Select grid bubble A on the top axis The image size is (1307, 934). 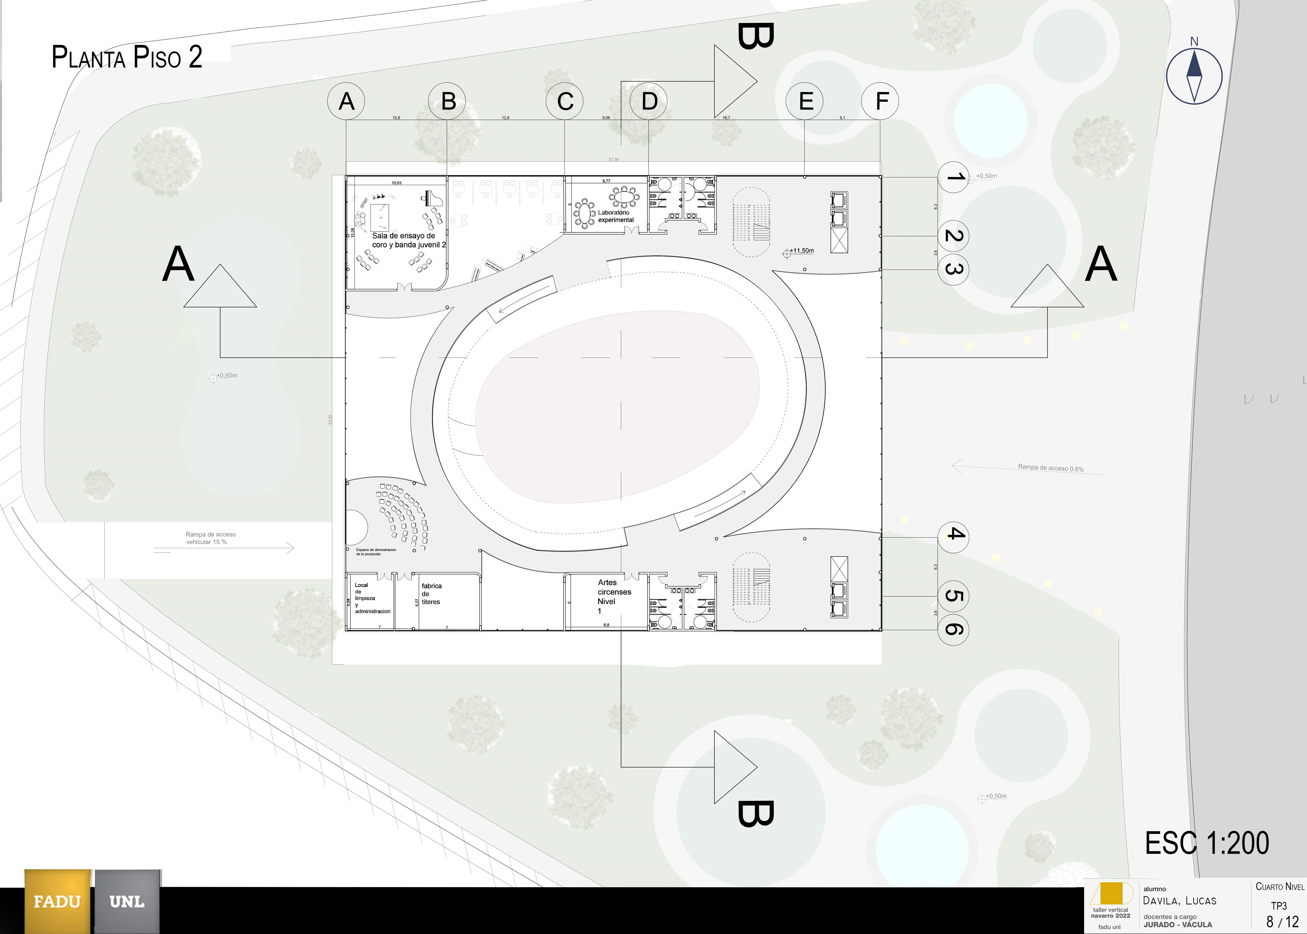pos(346,101)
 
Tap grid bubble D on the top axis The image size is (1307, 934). pos(649,101)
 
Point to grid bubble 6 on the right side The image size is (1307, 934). pos(953,629)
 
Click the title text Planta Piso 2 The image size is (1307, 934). pos(127,58)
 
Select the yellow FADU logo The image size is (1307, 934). pos(58,901)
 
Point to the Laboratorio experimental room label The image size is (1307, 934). pos(616,216)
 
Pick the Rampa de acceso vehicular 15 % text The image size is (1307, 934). pos(210,538)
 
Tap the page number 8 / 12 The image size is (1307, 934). pos(1282,922)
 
